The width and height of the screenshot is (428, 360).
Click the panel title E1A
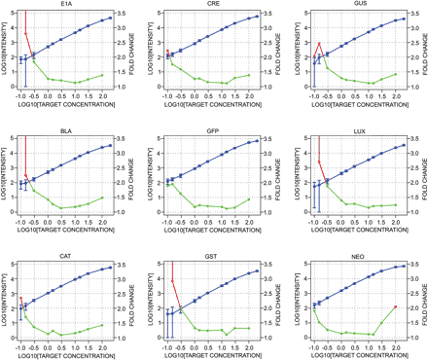click(x=65, y=5)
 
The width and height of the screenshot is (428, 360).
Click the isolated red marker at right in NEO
click(x=395, y=306)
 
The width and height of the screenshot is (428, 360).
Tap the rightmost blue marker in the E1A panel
click(x=110, y=18)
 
